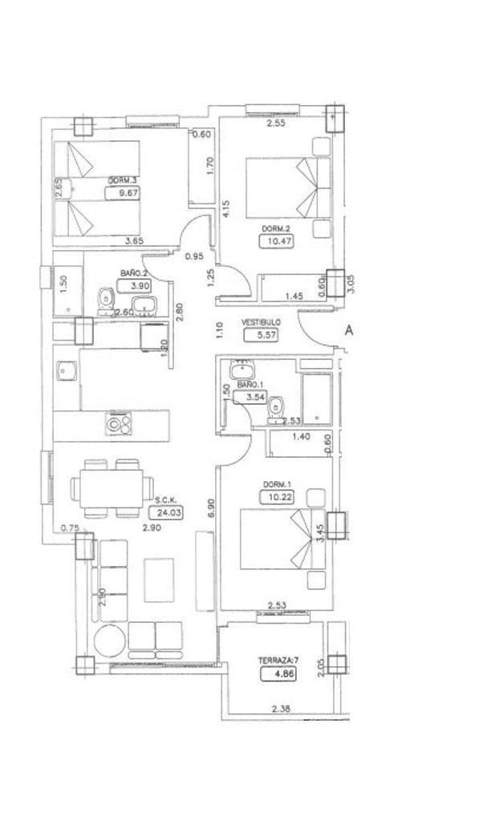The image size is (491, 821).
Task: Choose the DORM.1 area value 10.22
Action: tap(275, 497)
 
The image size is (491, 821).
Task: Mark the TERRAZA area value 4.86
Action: tap(274, 674)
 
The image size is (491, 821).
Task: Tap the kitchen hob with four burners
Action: tap(118, 423)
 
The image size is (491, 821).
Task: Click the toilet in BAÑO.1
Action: tap(275, 407)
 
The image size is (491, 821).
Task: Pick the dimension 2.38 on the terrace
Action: tap(280, 708)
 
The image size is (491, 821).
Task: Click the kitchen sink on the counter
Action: tap(65, 372)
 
